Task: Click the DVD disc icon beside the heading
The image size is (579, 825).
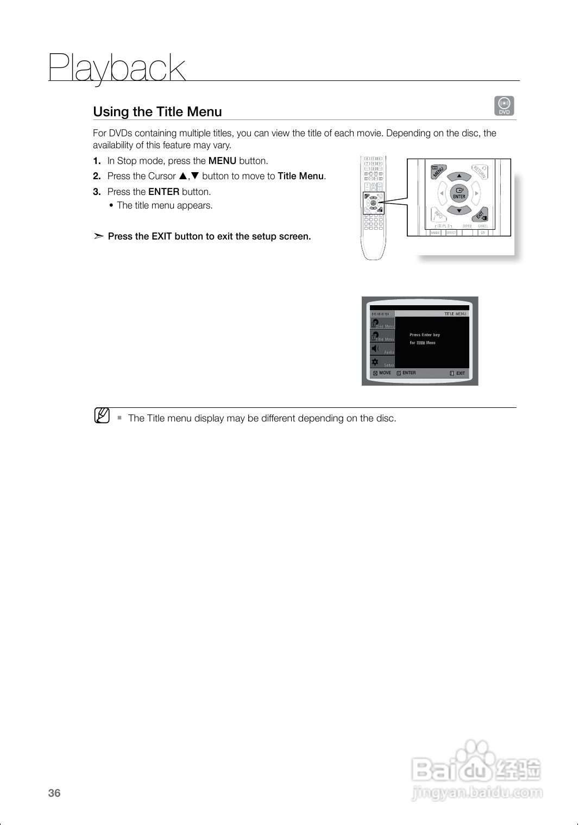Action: tap(504, 105)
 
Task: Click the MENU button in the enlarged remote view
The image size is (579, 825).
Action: tap(438, 172)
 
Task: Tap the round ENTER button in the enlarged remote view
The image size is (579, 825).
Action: tap(459, 193)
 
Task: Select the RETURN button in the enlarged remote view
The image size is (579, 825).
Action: tap(480, 172)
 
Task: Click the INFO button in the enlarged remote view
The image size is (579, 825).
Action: tap(438, 215)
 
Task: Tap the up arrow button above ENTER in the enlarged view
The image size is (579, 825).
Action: tap(459, 176)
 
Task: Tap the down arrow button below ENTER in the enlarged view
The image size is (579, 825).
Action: tap(459, 211)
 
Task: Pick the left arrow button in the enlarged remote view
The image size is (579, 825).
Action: tap(442, 193)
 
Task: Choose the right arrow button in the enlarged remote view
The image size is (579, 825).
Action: tap(476, 193)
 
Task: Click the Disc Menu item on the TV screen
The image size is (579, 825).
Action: tap(382, 324)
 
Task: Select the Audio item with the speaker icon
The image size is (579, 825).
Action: tap(382, 350)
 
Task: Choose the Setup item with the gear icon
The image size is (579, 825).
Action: tap(382, 363)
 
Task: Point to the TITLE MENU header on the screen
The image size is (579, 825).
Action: tap(455, 314)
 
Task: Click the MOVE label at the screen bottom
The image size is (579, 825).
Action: tap(385, 373)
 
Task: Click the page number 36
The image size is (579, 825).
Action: tap(54, 793)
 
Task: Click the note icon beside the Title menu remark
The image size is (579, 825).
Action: tap(102, 416)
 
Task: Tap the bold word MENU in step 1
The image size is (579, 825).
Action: tap(222, 161)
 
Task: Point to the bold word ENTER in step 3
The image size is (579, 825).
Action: tap(163, 192)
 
